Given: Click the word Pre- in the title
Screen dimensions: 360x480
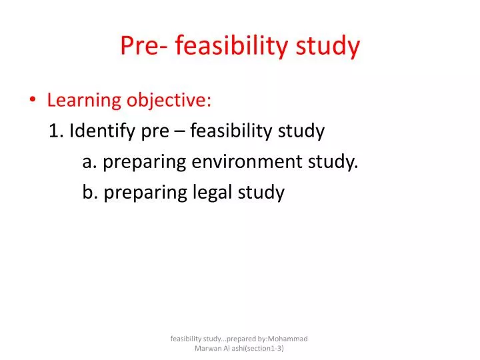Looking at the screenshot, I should pos(141,45).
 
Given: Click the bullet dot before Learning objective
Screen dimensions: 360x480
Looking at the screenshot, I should pos(33,101).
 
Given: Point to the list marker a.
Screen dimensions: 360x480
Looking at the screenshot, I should pos(89,162).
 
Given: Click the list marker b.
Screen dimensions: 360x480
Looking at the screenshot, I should pos(90,193).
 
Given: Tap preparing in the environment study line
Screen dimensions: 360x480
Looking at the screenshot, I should pos(145,162).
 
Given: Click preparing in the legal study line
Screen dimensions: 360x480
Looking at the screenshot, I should pos(145,193).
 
